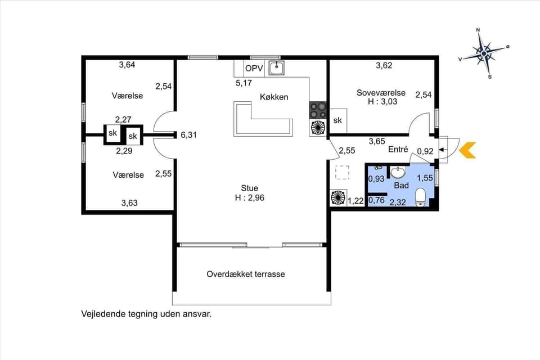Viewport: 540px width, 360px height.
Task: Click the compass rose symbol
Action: coord(484,53)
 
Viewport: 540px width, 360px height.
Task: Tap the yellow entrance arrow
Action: coord(467,150)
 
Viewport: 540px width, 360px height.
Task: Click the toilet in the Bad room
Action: coord(420,197)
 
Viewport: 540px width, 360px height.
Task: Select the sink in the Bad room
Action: coord(399,172)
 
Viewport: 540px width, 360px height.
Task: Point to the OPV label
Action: coord(253,69)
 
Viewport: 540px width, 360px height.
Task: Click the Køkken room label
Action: coord(274,97)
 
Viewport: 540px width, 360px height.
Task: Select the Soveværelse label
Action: coord(380,92)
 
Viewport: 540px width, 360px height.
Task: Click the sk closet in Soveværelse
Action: coord(337,120)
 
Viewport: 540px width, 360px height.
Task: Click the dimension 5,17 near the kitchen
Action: coord(244,83)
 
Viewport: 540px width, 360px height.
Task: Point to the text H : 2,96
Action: coord(250,197)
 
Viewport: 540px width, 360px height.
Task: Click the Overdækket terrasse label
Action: coord(246,274)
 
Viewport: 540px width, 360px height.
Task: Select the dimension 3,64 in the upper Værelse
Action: coord(127,65)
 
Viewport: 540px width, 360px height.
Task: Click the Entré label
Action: coord(398,150)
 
